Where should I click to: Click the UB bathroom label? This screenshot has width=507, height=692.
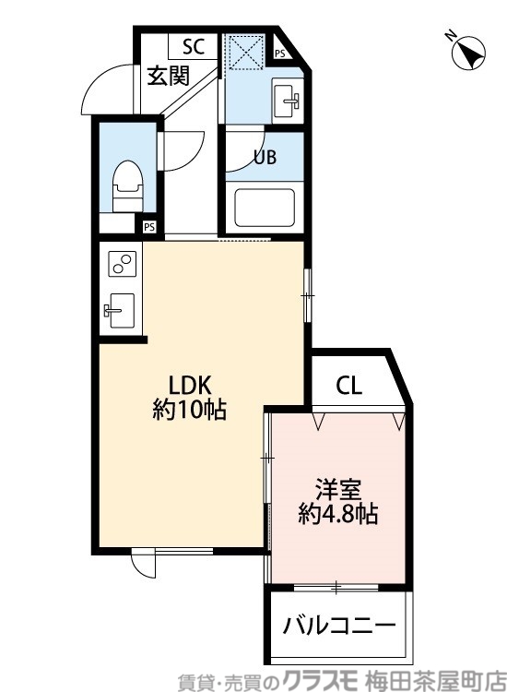pyautogui.click(x=265, y=157)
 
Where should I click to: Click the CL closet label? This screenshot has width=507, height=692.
pyautogui.click(x=348, y=385)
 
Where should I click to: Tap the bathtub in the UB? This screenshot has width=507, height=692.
pyautogui.click(x=264, y=208)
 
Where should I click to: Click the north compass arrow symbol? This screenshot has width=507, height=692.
pyautogui.click(x=468, y=52)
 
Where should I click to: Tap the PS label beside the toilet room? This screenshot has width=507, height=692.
pyautogui.click(x=148, y=225)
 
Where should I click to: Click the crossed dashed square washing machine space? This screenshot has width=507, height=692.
pyautogui.click(x=246, y=52)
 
